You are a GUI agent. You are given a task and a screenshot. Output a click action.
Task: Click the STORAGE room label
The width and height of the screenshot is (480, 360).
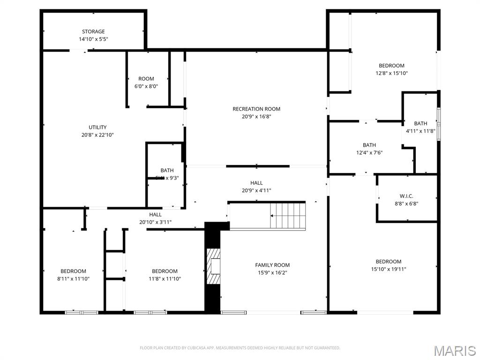(x=93, y=32)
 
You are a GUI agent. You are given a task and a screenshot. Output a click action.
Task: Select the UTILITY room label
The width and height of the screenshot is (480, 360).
(x=97, y=127)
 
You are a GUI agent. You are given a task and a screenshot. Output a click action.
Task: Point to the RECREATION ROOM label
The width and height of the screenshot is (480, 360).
(x=256, y=109)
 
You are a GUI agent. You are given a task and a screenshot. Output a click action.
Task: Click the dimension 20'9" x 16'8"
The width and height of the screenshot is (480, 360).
(x=256, y=117)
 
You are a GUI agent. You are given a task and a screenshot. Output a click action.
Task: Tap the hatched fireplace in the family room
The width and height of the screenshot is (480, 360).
(x=214, y=266)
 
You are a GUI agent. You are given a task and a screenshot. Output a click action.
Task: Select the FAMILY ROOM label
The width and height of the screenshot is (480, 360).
(x=272, y=265)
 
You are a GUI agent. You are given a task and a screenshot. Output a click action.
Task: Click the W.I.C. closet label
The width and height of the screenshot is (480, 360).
(x=406, y=196)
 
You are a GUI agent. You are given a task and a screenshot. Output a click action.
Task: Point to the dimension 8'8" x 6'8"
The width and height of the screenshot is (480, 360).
(x=406, y=203)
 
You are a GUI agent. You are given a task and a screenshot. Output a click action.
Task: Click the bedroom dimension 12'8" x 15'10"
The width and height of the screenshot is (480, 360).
(x=391, y=73)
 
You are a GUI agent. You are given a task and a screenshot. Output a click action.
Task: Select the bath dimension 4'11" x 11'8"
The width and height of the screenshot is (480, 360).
(x=420, y=131)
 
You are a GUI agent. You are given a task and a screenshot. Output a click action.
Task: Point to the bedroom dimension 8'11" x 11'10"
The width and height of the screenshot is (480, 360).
(x=73, y=278)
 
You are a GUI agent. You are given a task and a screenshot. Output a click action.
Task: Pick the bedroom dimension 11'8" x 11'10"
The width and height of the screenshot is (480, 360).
(x=165, y=278)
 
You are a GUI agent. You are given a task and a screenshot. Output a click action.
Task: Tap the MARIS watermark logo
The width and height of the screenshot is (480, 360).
(x=454, y=351)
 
